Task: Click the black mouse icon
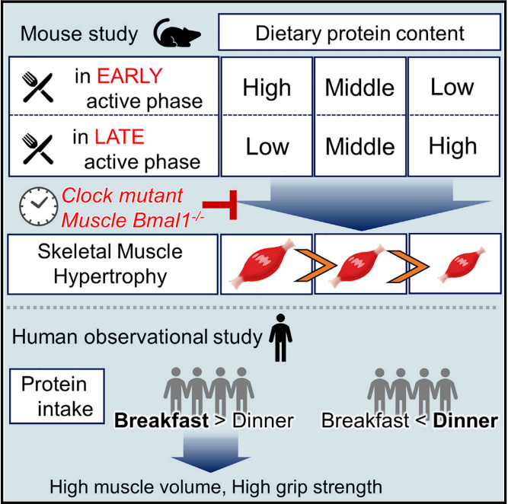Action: tap(177, 33)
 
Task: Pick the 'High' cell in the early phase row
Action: tap(267, 88)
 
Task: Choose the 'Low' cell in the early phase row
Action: tap(452, 87)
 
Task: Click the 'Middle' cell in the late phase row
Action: tap(359, 146)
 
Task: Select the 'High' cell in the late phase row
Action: tap(452, 146)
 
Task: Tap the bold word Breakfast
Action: tap(161, 421)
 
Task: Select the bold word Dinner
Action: tap(468, 421)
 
